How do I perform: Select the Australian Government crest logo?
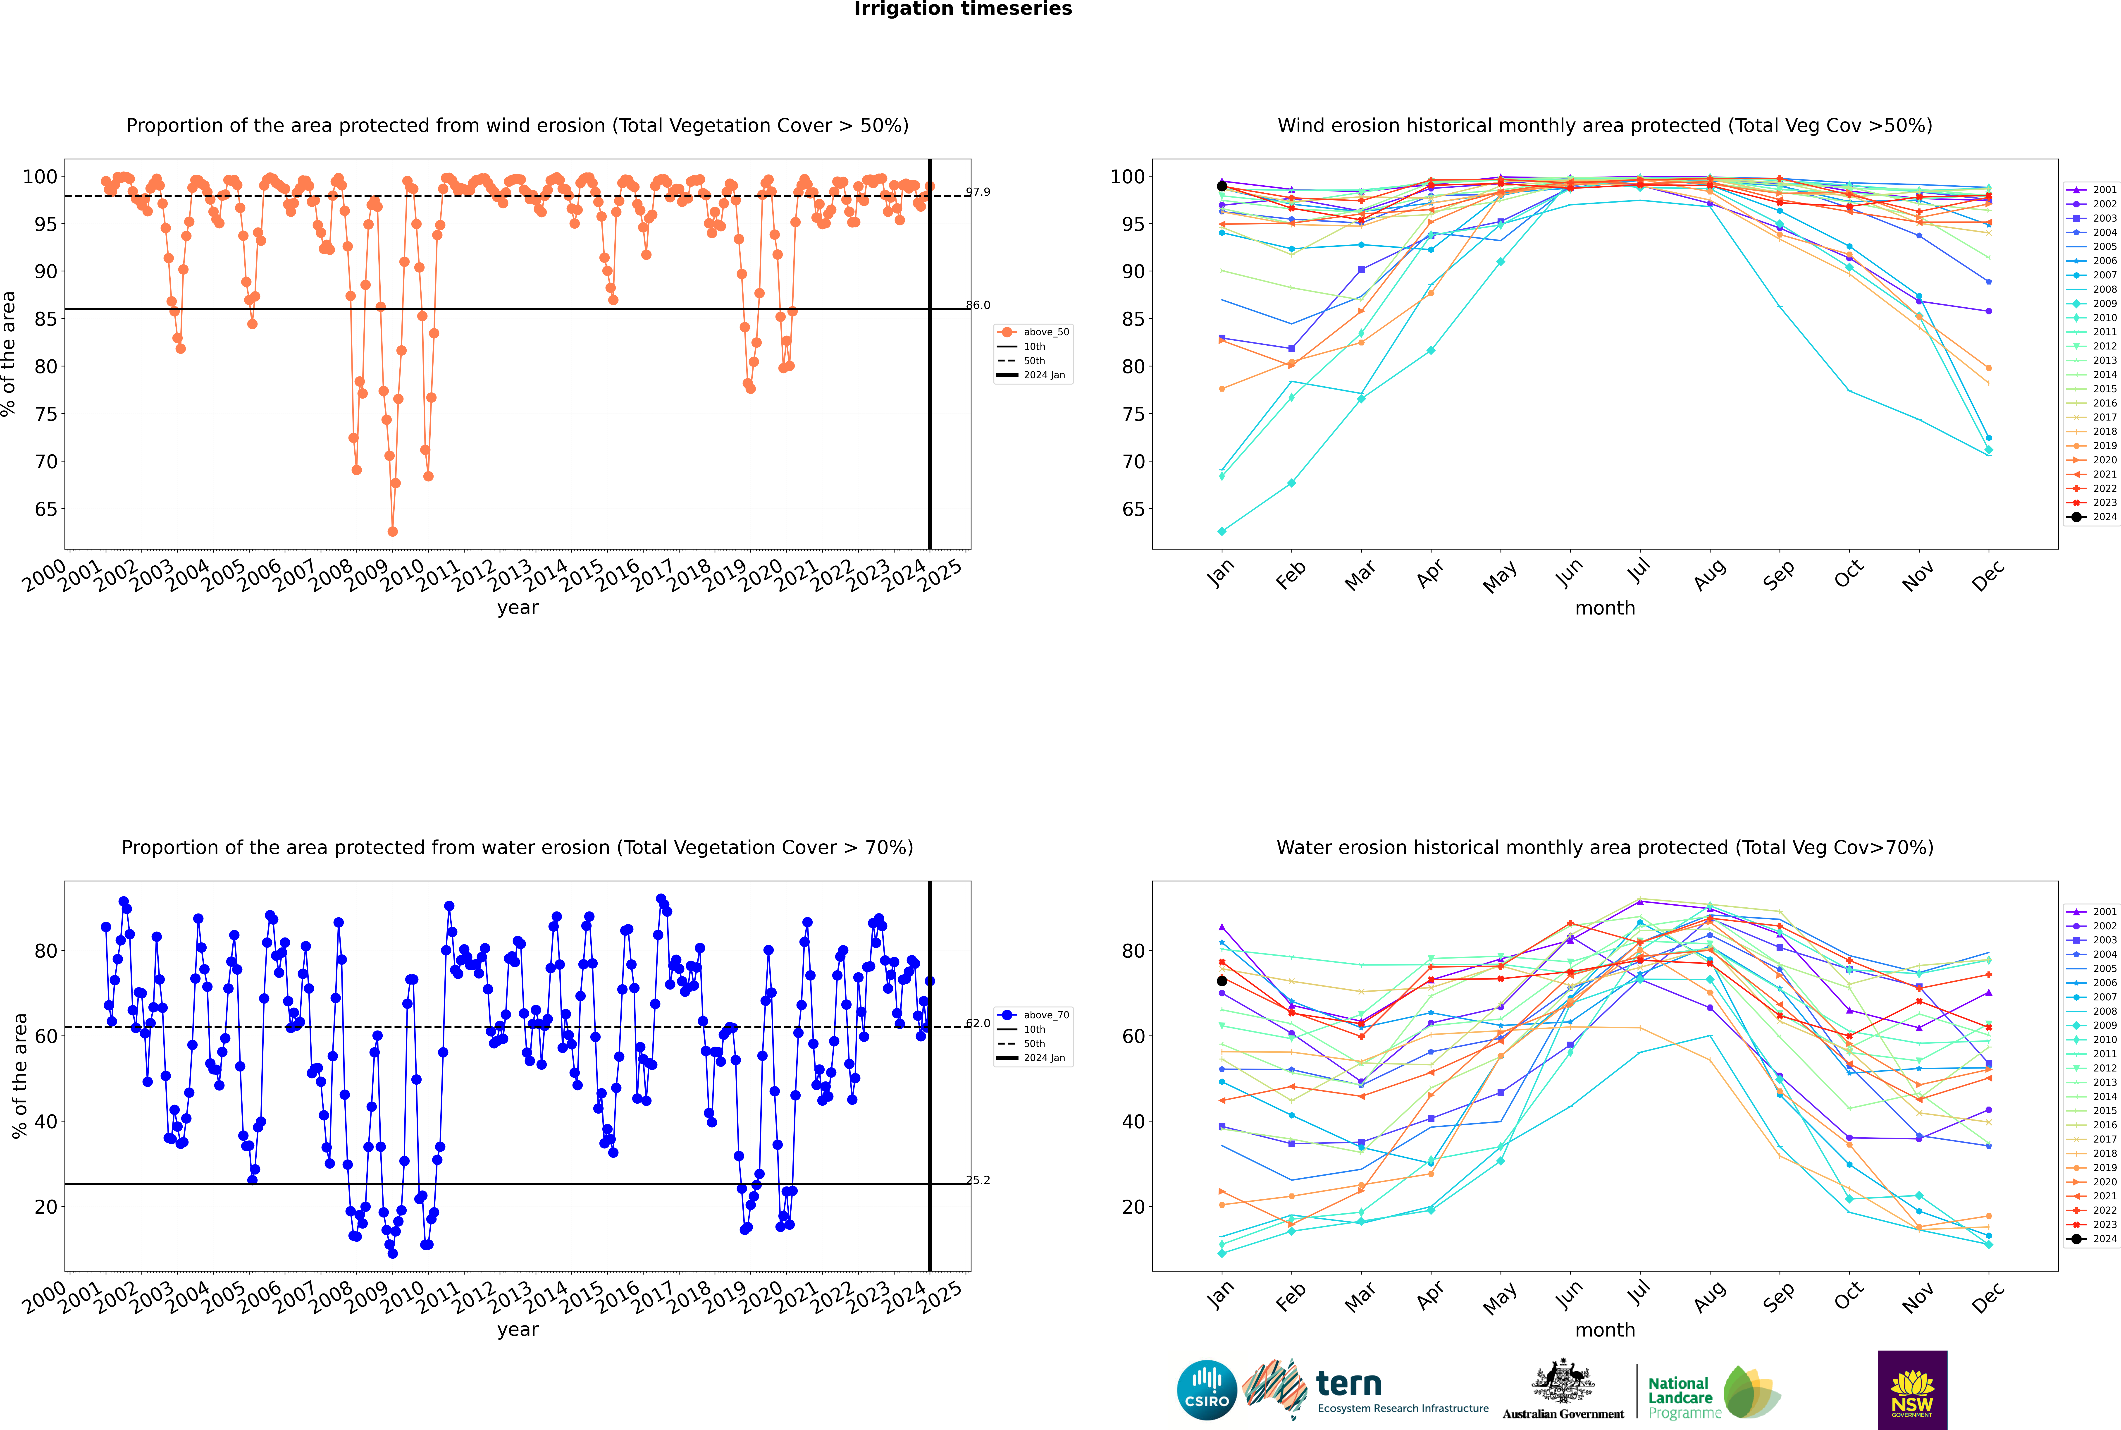[x=1563, y=1389]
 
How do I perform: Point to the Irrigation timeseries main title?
[x=963, y=9]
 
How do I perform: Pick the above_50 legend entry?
[x=1033, y=332]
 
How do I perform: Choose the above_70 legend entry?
[x=1033, y=1015]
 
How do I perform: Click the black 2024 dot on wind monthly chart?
[x=1222, y=186]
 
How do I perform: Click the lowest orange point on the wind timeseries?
[x=392, y=532]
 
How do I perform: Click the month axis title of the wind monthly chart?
[x=1605, y=608]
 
